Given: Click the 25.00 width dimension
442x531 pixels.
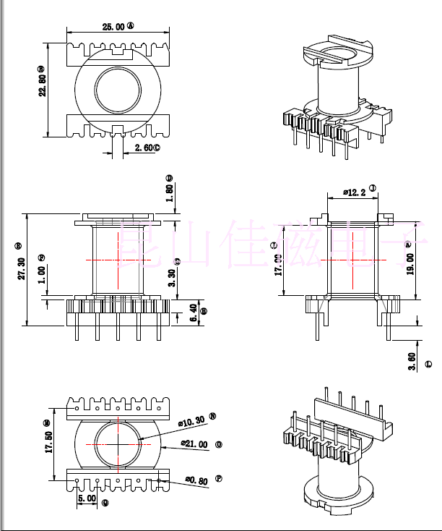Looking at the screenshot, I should [x=113, y=26].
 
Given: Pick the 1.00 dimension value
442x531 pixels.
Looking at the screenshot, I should [x=42, y=274].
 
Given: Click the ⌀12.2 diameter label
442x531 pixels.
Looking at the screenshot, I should [x=353, y=192].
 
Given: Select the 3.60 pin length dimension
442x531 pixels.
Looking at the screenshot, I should [x=411, y=361].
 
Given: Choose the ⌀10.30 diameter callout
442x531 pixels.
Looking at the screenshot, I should [x=193, y=420].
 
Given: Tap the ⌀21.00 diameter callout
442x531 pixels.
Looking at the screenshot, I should [x=194, y=443].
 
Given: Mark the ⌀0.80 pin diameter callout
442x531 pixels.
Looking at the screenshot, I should [x=197, y=479].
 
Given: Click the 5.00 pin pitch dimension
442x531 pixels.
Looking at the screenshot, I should [x=87, y=498].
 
